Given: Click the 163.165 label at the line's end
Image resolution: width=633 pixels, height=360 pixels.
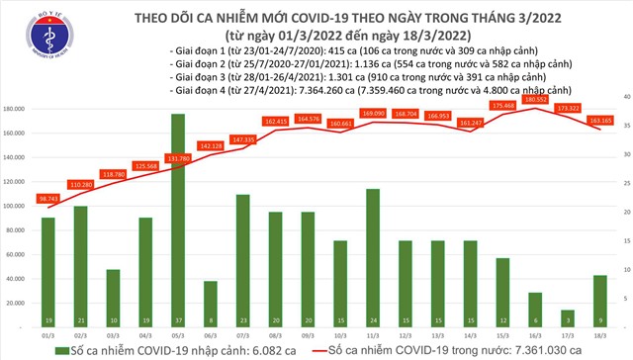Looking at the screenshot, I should pyautogui.click(x=600, y=121).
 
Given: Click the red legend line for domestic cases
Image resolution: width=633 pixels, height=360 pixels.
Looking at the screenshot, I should pyautogui.click(x=345, y=349).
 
